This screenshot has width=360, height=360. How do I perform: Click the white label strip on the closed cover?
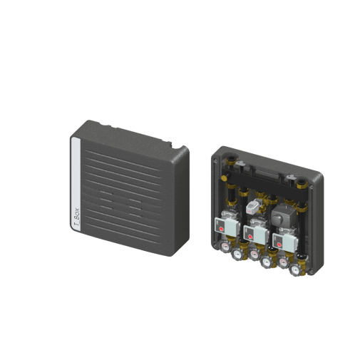[76, 185]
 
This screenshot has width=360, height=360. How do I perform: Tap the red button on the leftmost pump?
[221, 230]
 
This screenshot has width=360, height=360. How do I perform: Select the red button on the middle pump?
[250, 237]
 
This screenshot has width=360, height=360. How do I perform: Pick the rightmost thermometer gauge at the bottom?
[295, 269]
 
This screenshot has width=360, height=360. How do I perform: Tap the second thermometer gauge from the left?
[237, 254]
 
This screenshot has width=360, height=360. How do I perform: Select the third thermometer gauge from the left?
[254, 254]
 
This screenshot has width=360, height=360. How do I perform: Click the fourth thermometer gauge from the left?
[266, 262]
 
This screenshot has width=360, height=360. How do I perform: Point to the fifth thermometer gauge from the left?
[283, 262]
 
